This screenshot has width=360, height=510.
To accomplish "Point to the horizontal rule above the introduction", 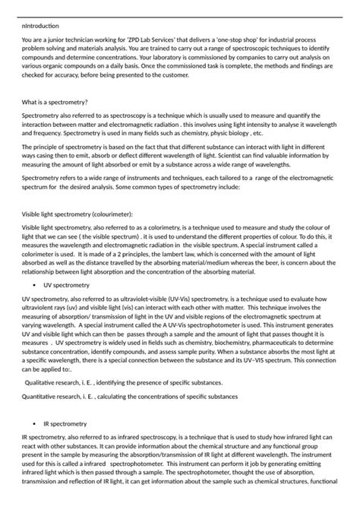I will [180, 17].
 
